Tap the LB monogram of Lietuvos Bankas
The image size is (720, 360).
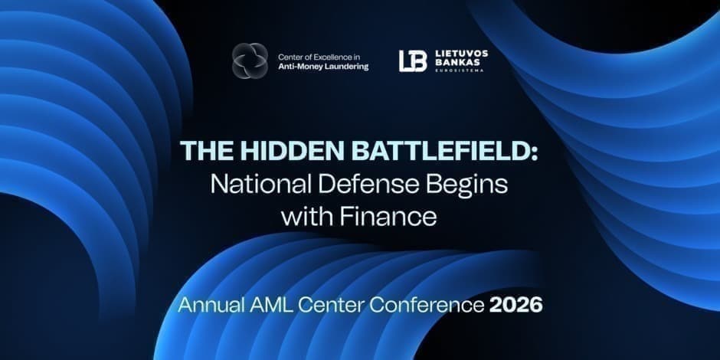coord(413,61)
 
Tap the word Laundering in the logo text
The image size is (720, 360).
coord(345,67)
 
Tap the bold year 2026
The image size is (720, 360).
coord(515,304)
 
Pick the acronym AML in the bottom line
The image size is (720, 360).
coord(270,304)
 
